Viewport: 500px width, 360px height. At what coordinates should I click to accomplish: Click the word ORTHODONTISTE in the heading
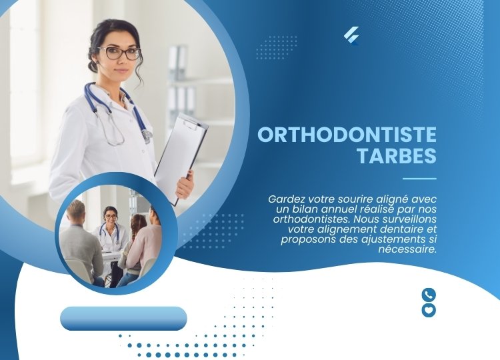(347, 135)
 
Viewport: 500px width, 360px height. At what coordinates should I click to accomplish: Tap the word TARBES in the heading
(397, 155)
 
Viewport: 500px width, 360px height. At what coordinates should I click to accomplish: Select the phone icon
(429, 295)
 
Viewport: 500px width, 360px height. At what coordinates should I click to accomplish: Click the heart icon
(429, 310)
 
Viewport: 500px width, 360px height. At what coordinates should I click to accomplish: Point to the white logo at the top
(351, 36)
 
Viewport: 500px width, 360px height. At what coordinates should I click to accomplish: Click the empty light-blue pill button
(123, 318)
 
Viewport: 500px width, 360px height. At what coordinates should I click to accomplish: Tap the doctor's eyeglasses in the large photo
(119, 53)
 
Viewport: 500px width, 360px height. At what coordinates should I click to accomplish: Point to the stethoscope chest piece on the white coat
(147, 135)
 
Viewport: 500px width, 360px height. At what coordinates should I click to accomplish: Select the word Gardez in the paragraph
(284, 199)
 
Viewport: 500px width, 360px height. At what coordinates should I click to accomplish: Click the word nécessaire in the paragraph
(407, 249)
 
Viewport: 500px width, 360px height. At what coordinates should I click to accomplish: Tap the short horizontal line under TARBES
(419, 179)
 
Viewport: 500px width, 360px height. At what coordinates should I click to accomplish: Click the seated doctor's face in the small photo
(111, 217)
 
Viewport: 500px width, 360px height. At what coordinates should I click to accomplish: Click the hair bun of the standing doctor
(93, 66)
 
